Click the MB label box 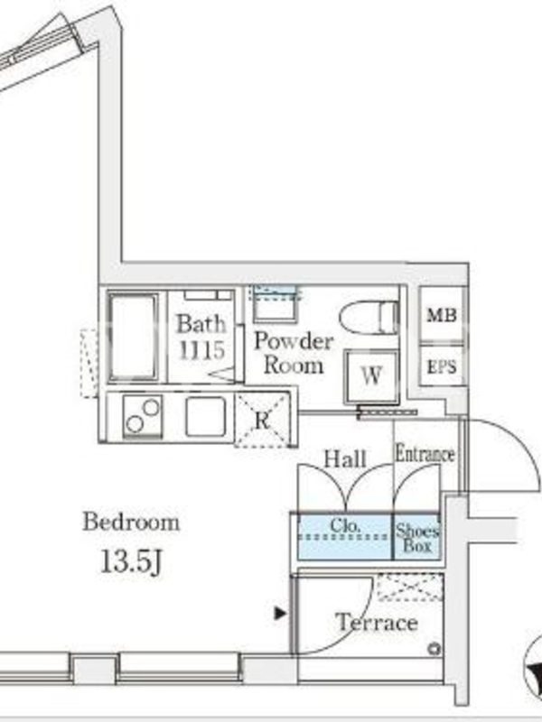442,315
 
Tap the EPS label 442,367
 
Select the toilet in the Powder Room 369,317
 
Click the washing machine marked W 371,377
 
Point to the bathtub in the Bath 133,337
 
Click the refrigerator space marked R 263,420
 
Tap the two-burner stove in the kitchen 143,416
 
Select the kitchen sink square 206,416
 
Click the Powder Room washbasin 275,304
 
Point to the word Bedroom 131,523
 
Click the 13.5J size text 131,561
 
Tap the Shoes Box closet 416,537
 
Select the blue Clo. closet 345,537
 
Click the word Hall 345,459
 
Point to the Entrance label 425,454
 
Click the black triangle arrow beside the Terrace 280,614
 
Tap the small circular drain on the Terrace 434,649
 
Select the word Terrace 377,623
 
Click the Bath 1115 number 201,350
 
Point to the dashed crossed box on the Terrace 410,587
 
